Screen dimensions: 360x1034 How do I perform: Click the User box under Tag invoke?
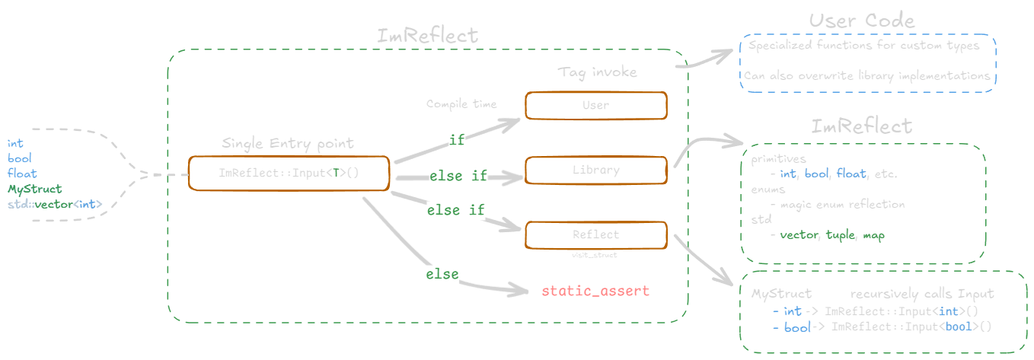coord(595,106)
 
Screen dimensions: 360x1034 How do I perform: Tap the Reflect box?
coord(595,235)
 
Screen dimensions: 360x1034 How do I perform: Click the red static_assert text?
coord(595,292)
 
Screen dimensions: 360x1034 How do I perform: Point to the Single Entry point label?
coord(287,143)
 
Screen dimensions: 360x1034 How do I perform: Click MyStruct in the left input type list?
coord(34,188)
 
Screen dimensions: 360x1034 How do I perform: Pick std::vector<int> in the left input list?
coord(54,203)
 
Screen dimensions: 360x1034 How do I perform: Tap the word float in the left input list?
coord(22,173)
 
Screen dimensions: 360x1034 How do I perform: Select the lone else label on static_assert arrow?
coord(442,274)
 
